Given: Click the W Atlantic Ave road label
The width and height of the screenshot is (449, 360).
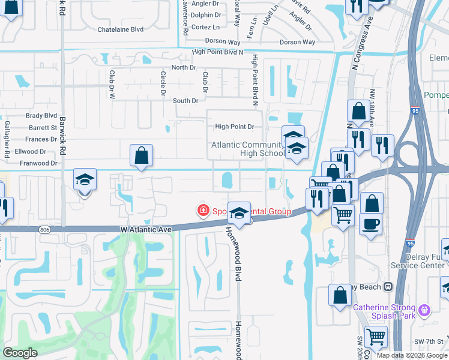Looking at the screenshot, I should (x=146, y=229).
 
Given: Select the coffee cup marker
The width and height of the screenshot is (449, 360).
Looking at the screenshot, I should (x=370, y=223).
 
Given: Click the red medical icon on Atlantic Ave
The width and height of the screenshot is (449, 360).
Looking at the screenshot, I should (x=203, y=210).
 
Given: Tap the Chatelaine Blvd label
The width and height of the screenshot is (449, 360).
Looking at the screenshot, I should (x=121, y=29).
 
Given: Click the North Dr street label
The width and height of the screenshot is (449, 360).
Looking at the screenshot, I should (x=180, y=68).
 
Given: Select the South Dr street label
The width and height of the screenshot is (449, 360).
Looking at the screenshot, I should (x=185, y=101).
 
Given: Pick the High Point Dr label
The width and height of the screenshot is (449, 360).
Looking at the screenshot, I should (x=235, y=127).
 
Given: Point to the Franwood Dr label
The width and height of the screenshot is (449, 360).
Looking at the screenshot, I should (x=38, y=163).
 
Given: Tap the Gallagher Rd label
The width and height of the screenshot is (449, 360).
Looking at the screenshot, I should (x=7, y=146).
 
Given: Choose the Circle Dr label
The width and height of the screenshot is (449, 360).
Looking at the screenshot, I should (x=163, y=83).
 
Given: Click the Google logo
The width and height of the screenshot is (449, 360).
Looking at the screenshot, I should (x=20, y=353).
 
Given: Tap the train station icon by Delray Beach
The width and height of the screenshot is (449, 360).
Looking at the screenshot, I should (x=388, y=287).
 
